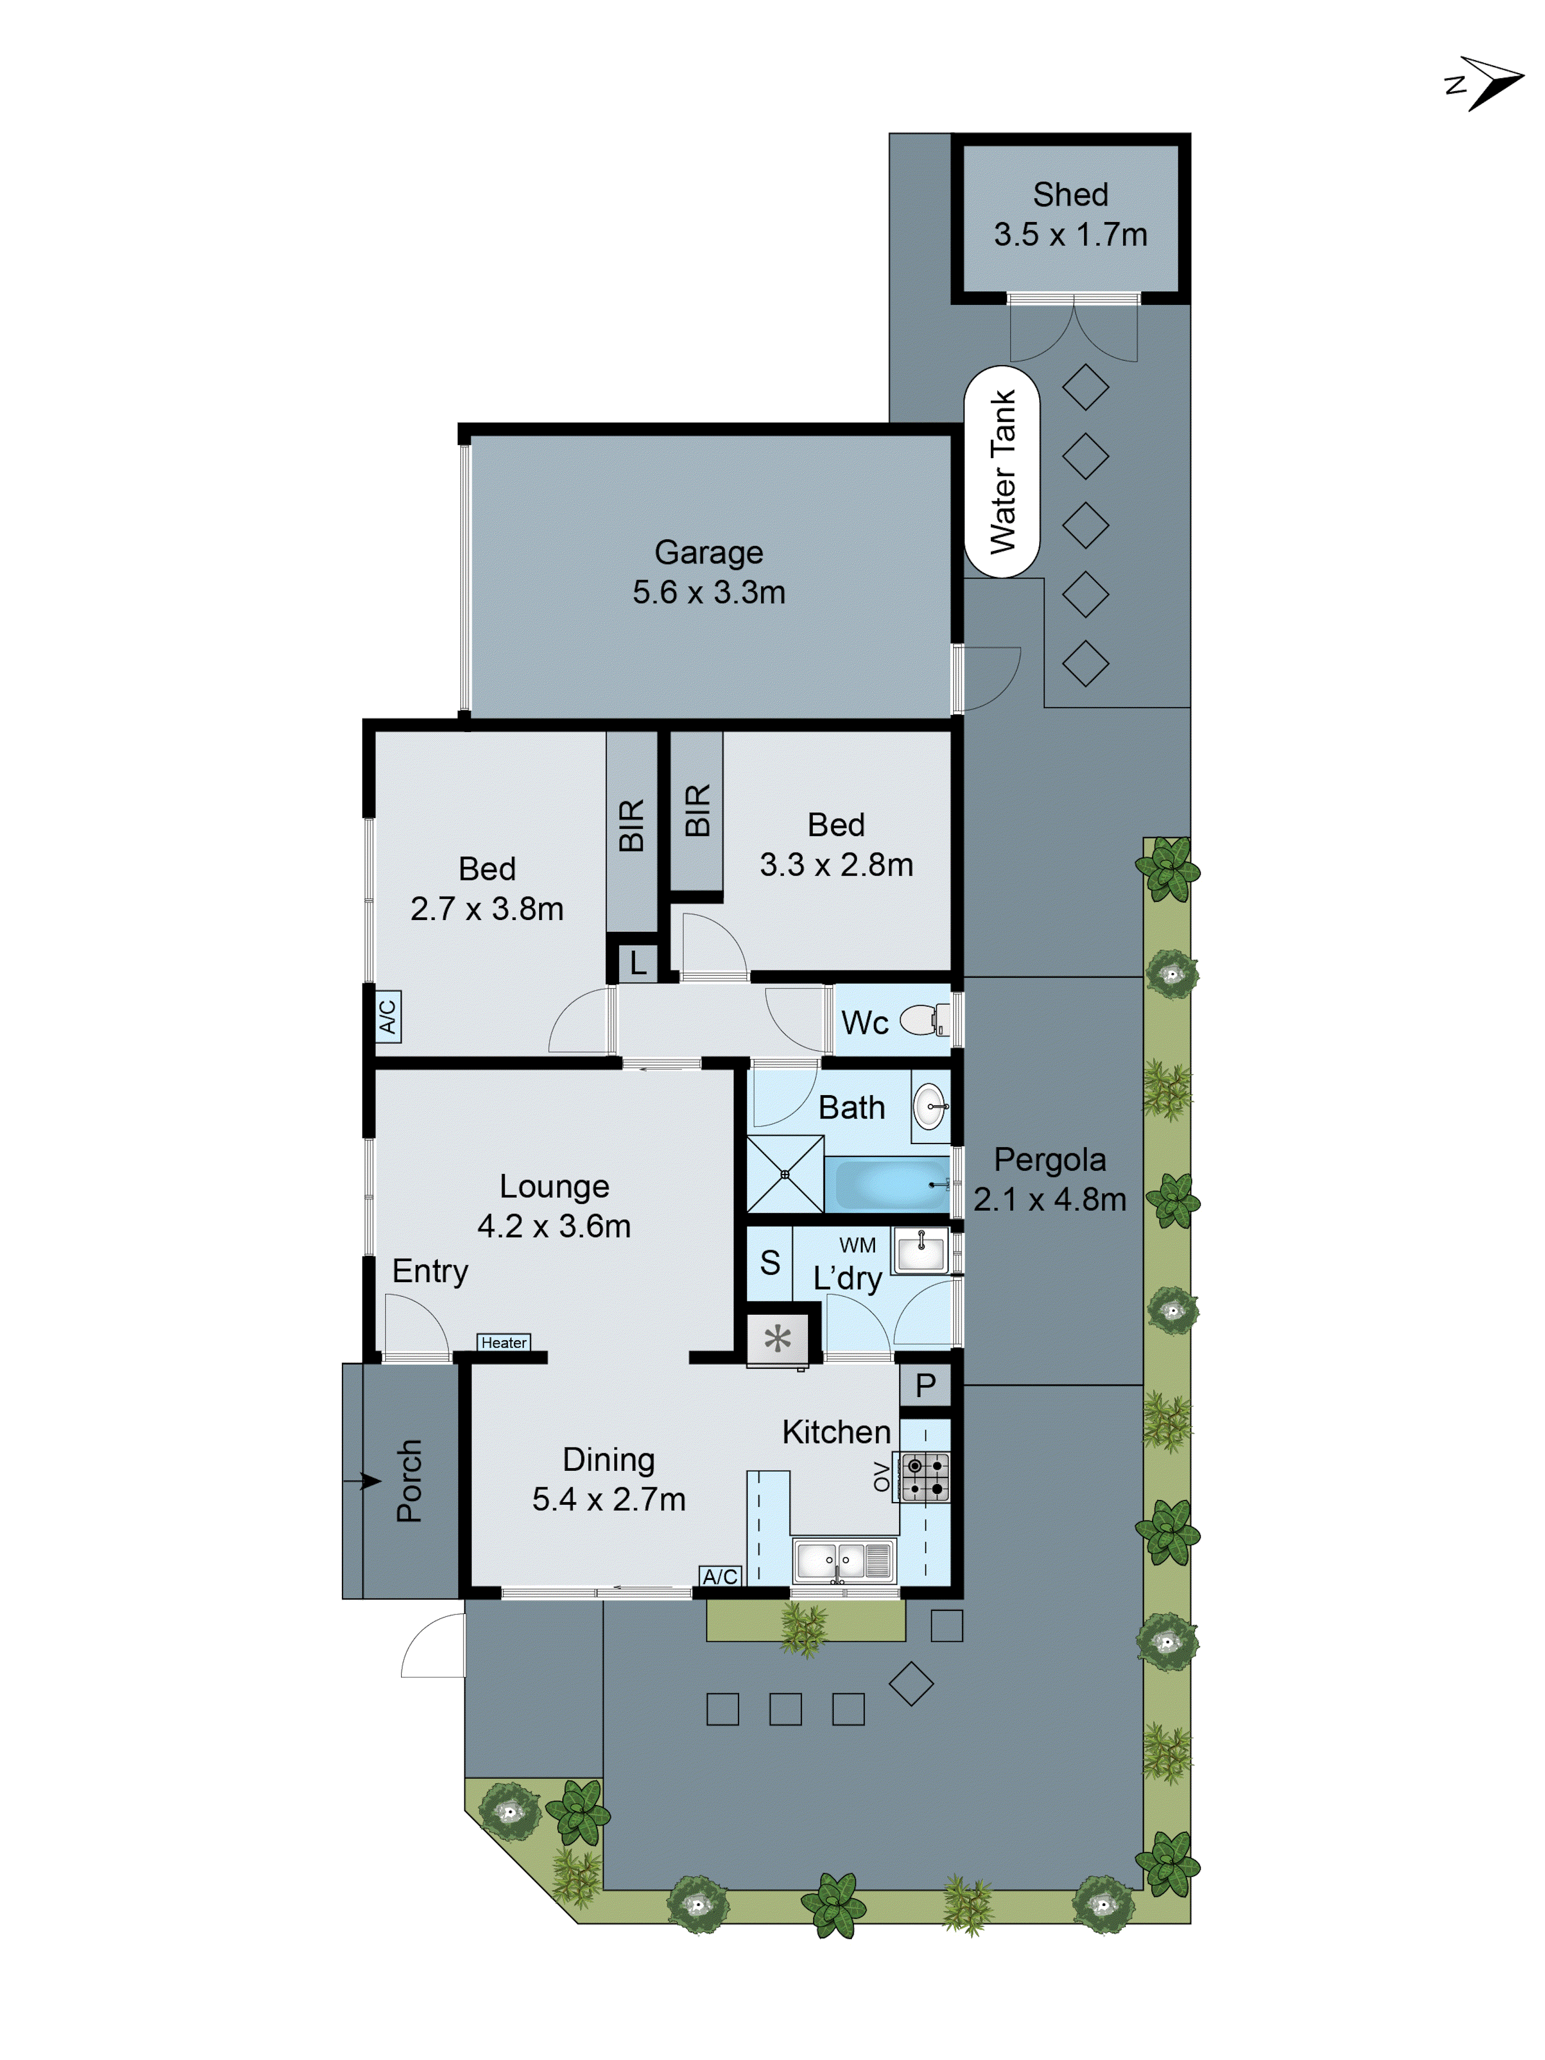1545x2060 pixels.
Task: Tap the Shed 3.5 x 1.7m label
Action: (x=1070, y=214)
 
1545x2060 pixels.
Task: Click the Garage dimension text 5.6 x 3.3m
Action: (x=709, y=592)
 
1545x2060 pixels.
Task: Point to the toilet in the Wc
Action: (x=924, y=1020)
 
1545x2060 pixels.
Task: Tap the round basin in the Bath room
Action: (x=930, y=1106)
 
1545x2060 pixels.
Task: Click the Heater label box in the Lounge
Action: (x=504, y=1342)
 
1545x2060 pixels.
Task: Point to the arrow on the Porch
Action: (x=363, y=1480)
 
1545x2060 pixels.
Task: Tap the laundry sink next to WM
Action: (x=920, y=1250)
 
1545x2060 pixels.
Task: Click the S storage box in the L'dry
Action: (x=769, y=1263)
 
